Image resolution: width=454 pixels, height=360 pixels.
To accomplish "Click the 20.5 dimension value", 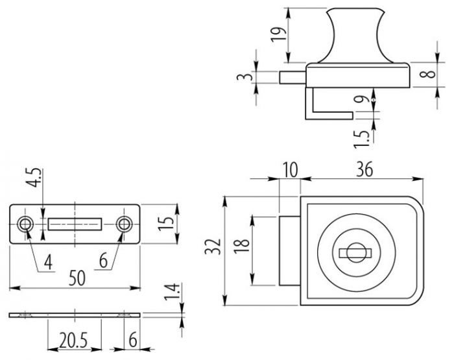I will [72, 339].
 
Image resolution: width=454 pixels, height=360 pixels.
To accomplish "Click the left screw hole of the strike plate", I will [26, 224].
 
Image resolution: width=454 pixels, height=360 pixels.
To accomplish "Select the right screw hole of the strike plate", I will [124, 224].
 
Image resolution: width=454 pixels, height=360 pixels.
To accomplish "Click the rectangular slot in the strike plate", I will [75, 224].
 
